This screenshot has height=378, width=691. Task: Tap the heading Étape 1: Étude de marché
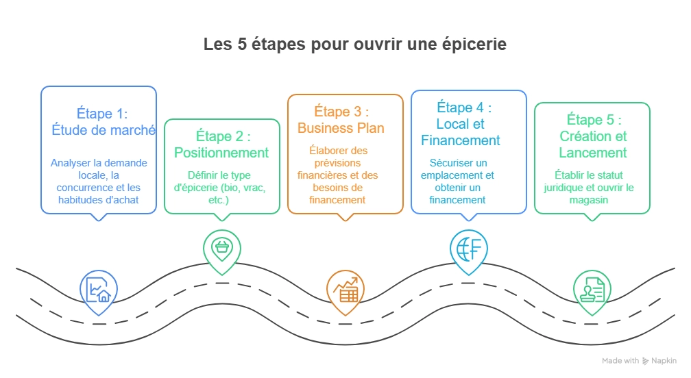(103, 122)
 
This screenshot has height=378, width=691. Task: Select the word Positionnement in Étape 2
(221, 152)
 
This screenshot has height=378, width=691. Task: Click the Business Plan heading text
(341, 128)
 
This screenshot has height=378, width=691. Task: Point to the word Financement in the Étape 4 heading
(461, 140)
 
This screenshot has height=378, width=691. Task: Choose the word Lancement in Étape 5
(592, 153)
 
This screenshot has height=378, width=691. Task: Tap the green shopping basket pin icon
(221, 248)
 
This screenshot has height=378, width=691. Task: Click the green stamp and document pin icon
(592, 290)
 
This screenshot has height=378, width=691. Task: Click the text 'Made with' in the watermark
(620, 361)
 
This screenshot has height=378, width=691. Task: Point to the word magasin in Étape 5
(592, 200)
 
